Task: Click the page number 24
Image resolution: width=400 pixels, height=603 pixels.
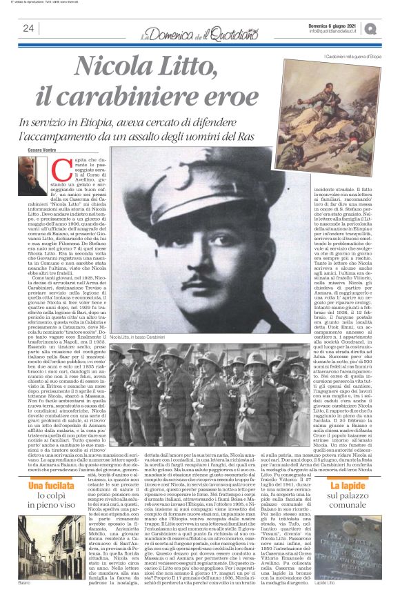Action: point(28,28)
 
